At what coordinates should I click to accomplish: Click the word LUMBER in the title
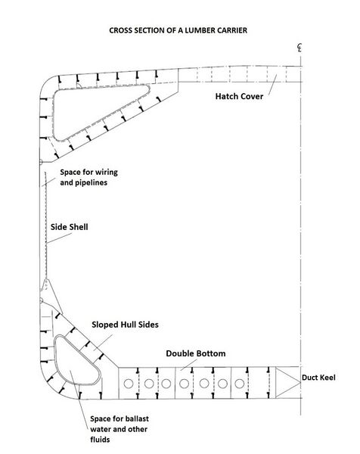pyautogui.click(x=200, y=30)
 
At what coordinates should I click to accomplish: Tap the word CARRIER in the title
pyautogui.click(x=232, y=30)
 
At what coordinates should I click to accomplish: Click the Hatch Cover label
pyautogui.click(x=239, y=96)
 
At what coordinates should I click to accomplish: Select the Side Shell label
pyautogui.click(x=69, y=227)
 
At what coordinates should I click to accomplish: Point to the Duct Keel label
pyautogui.click(x=318, y=378)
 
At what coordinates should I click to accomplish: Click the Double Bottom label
pyautogui.click(x=196, y=353)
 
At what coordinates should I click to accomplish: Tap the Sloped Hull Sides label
pyautogui.click(x=125, y=325)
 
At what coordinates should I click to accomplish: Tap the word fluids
pyautogui.click(x=100, y=440)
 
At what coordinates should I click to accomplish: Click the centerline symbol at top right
pyautogui.click(x=299, y=48)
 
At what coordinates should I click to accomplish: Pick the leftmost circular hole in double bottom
pyautogui.click(x=129, y=384)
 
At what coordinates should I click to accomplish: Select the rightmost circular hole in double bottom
pyautogui.click(x=239, y=384)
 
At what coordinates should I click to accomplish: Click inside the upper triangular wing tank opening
pyautogui.click(x=87, y=108)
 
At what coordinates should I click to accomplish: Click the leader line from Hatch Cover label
pyautogui.click(x=272, y=85)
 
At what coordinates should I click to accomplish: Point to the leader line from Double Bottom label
pyautogui.click(x=188, y=365)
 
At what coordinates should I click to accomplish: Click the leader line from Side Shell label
pyautogui.click(x=59, y=238)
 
